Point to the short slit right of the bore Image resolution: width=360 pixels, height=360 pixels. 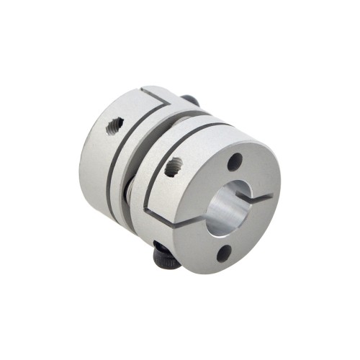pos(261,195)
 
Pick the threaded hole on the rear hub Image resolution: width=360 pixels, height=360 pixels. pos(113,127)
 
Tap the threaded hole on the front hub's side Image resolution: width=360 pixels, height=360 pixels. pos(172,169)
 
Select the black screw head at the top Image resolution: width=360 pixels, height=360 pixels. pos(189,100)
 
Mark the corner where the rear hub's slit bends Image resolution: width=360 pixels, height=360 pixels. pos(143,92)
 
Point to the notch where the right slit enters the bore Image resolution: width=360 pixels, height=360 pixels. pos(251,197)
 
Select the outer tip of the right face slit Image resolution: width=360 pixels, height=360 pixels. pos(271,193)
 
